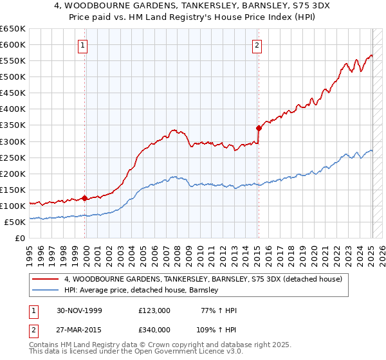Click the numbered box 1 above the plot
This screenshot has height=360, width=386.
[x=84, y=45]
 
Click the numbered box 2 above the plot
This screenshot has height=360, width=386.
[x=257, y=45]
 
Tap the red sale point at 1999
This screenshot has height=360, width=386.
[x=85, y=198]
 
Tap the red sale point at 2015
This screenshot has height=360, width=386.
[x=258, y=128]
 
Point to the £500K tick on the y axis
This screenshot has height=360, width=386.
[x=12, y=77]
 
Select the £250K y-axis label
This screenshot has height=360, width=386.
[x=12, y=157]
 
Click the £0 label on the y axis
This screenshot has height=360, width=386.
[x=19, y=238]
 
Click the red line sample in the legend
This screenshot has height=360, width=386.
[x=46, y=279]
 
